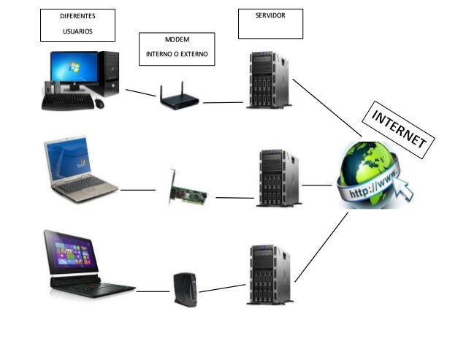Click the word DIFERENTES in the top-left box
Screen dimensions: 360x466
[x=77, y=15]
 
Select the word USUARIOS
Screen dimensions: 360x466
[x=76, y=31]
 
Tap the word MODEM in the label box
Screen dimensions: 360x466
[x=178, y=42]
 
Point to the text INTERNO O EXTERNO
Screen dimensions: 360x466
[x=178, y=54]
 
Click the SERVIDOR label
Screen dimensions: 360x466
[x=270, y=15]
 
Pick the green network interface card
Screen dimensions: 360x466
[x=186, y=191]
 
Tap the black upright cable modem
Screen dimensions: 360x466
[x=181, y=290]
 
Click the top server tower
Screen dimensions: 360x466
[x=267, y=80]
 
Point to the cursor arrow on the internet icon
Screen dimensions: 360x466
[x=402, y=188]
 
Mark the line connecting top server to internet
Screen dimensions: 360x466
[x=326, y=107]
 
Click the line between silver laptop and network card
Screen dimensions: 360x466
[x=138, y=190]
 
